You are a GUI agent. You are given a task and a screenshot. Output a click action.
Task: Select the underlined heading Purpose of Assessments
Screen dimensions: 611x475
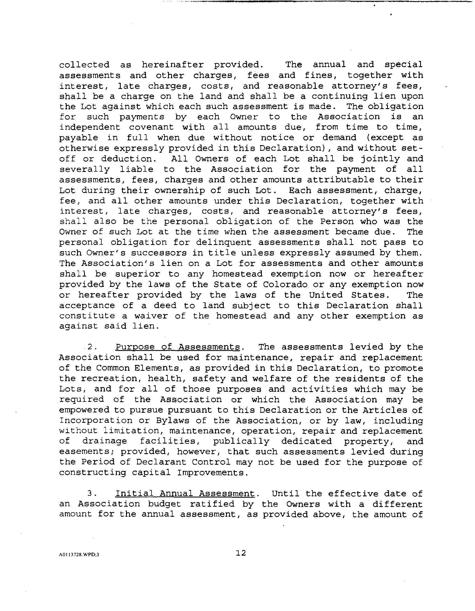tap(178, 347)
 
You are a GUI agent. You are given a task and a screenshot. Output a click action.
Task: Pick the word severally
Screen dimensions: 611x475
tap(85, 169)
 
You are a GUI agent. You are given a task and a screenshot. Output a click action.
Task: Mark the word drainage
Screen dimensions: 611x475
tap(104, 442)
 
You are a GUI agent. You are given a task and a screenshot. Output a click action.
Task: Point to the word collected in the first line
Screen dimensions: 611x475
tap(84, 65)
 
